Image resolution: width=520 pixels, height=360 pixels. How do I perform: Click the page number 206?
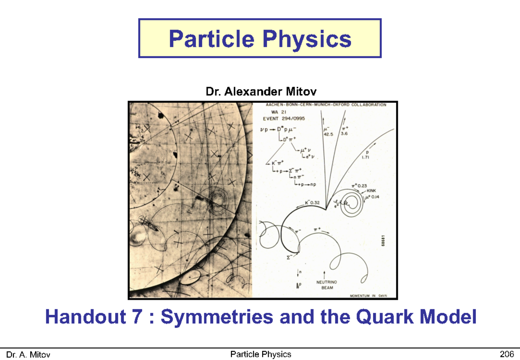tap(506, 355)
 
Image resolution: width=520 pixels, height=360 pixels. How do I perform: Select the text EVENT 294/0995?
tap(282, 117)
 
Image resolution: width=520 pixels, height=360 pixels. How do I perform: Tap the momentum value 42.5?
tap(328, 134)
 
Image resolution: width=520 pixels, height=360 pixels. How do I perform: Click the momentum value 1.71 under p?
tap(366, 158)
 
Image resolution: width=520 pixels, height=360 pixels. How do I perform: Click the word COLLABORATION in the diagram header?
tap(369, 105)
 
